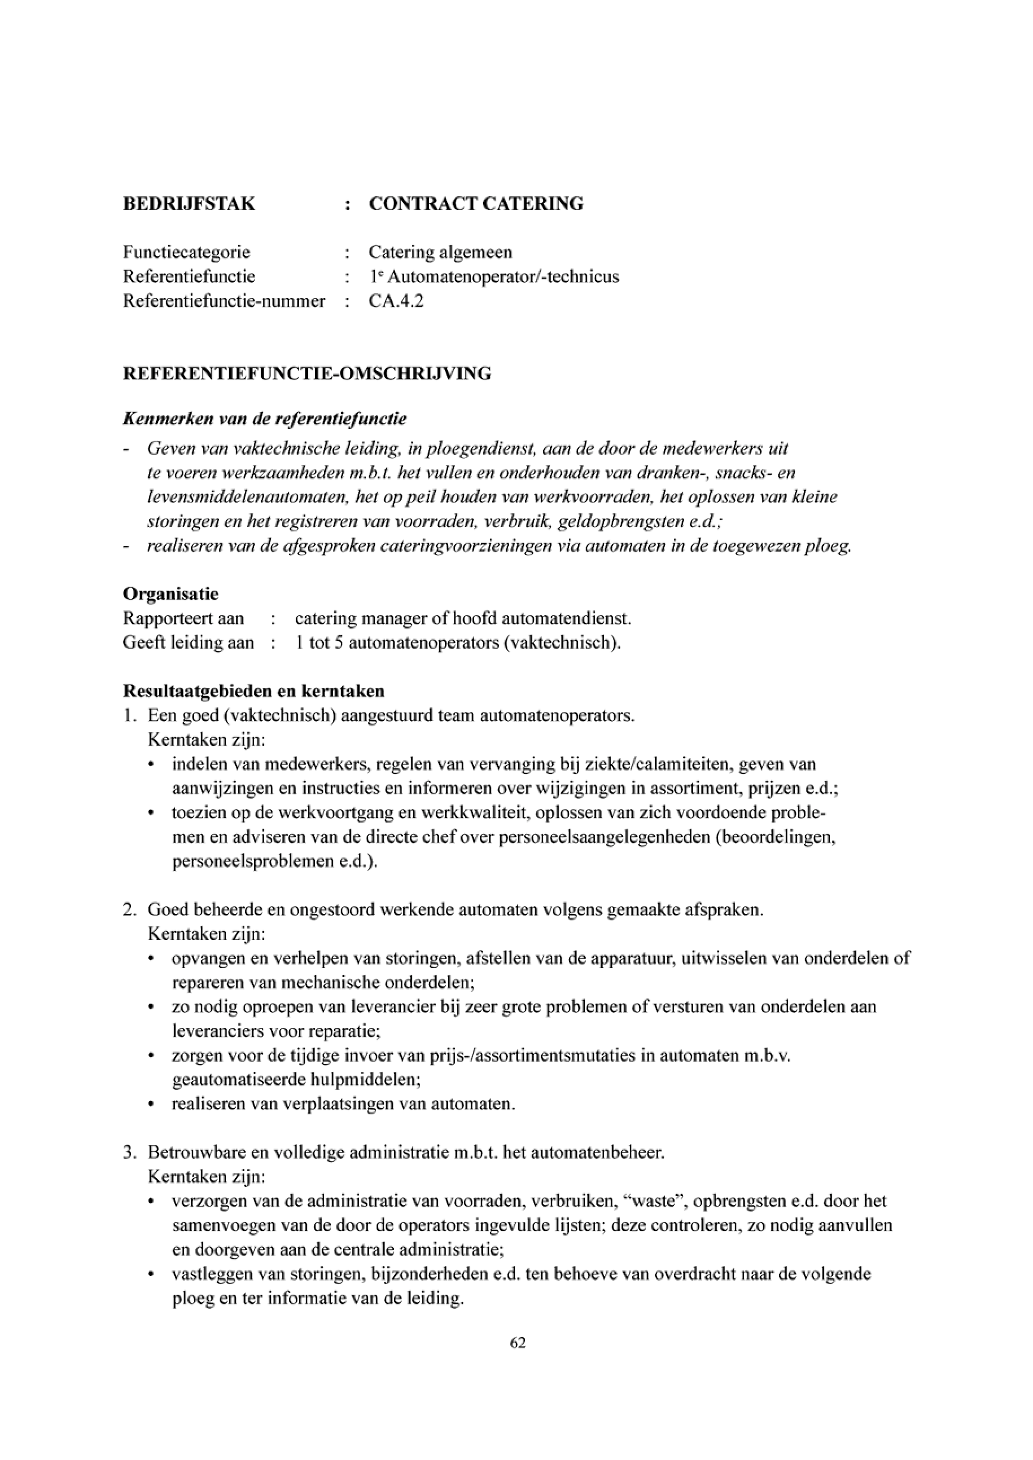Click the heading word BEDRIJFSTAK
coord(189,204)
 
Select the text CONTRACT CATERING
coord(476,204)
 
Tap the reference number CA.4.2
coord(396,301)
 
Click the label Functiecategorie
coord(186,252)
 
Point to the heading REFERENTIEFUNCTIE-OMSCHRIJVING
coord(307,374)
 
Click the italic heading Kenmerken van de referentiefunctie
coord(265,419)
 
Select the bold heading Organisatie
coord(170,595)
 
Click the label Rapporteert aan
coord(183,619)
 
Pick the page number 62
coord(517,1343)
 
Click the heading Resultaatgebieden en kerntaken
coord(253,691)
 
